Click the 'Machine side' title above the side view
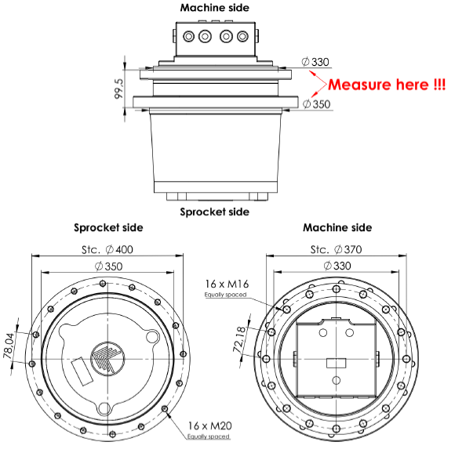tap(215, 8)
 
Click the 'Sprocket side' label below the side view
tap(215, 212)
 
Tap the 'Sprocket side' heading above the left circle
tap(108, 228)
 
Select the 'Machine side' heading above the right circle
tap(337, 228)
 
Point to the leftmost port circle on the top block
tap(188, 36)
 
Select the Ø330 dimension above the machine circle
tap(337, 266)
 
